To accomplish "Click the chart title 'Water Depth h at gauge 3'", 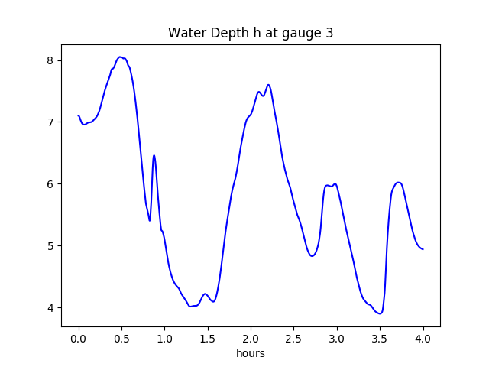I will pyautogui.click(x=251, y=33).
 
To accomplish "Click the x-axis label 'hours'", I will pyautogui.click(x=251, y=354).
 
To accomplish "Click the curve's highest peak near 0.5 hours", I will pyautogui.click(x=120, y=57).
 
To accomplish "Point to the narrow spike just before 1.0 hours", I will pyautogui.click(x=154, y=155).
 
